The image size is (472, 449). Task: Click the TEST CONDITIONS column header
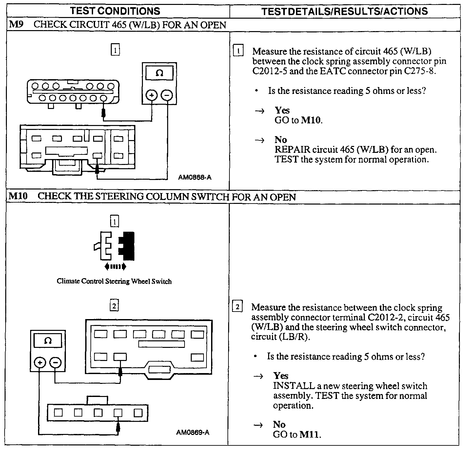click(115, 11)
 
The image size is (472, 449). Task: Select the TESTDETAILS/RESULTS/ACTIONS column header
click(344, 11)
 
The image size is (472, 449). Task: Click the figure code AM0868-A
click(195, 177)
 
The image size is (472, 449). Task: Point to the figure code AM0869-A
click(193, 433)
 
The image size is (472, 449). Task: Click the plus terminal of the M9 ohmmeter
click(151, 95)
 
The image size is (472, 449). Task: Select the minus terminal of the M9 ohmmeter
click(167, 95)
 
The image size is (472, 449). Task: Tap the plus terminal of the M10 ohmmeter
click(40, 363)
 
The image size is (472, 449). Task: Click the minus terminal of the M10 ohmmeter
click(55, 363)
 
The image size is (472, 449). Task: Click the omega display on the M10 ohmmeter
click(48, 341)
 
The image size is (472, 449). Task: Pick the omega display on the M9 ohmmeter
click(159, 73)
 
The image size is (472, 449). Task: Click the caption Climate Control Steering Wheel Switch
click(114, 281)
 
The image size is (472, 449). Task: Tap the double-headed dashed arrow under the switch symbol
click(115, 267)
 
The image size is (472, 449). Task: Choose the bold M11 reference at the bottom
click(309, 435)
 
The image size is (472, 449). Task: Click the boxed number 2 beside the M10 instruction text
click(238, 307)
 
